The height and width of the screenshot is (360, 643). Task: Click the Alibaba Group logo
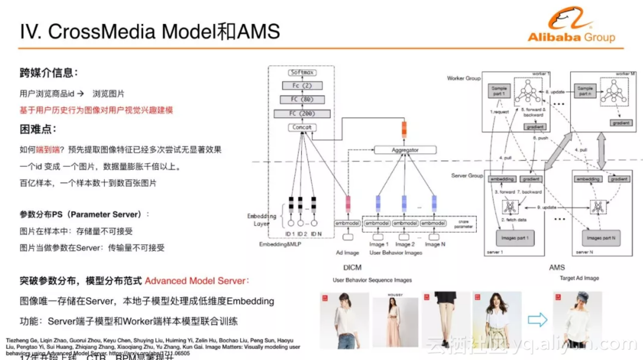(x=571, y=26)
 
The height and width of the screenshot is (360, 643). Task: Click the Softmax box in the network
(x=302, y=72)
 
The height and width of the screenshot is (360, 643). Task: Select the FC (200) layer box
(x=302, y=114)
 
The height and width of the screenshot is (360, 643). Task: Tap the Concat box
(x=302, y=128)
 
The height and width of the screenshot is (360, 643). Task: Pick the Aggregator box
(x=405, y=150)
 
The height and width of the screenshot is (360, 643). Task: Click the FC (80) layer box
(x=302, y=99)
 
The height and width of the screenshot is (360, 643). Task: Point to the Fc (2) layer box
(x=302, y=86)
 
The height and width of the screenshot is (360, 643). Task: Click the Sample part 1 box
(x=498, y=91)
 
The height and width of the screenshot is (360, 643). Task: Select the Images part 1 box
(x=515, y=238)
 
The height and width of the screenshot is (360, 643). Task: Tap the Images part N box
(x=601, y=238)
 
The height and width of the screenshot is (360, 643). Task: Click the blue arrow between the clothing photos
(x=537, y=320)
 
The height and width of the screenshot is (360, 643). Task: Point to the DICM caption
(x=352, y=267)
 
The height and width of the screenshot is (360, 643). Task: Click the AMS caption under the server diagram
(x=557, y=267)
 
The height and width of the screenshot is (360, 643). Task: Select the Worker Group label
(x=463, y=78)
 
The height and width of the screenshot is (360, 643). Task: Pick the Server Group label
(x=467, y=176)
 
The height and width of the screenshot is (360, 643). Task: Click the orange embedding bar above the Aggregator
(x=403, y=129)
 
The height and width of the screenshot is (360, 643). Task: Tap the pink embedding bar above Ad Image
(x=348, y=204)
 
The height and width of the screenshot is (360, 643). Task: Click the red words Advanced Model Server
(x=196, y=281)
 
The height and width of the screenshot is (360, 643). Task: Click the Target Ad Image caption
(x=579, y=278)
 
